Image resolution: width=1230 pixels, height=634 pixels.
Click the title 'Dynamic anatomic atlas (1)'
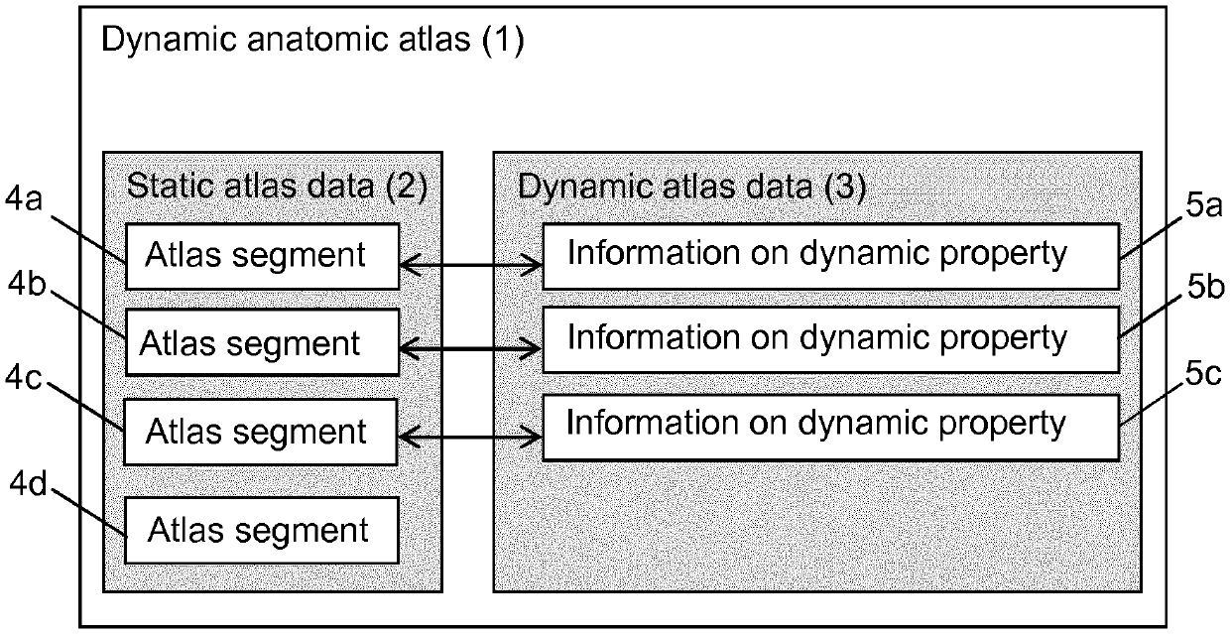(x=313, y=41)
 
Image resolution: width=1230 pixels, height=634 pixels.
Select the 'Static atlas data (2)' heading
(x=278, y=187)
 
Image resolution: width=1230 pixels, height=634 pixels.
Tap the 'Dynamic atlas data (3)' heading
(x=692, y=188)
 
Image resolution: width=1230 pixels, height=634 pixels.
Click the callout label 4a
(x=24, y=198)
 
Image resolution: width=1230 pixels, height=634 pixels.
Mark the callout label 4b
(x=27, y=284)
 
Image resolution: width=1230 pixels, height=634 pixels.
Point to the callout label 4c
(x=23, y=377)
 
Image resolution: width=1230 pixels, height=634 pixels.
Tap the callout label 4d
(x=28, y=484)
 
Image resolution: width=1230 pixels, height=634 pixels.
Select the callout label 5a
(x=1204, y=206)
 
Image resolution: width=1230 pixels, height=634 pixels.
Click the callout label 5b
(x=1206, y=286)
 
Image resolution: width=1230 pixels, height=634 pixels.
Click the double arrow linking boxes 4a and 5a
(x=471, y=265)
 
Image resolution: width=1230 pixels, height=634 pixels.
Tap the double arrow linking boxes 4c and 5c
(x=470, y=438)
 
